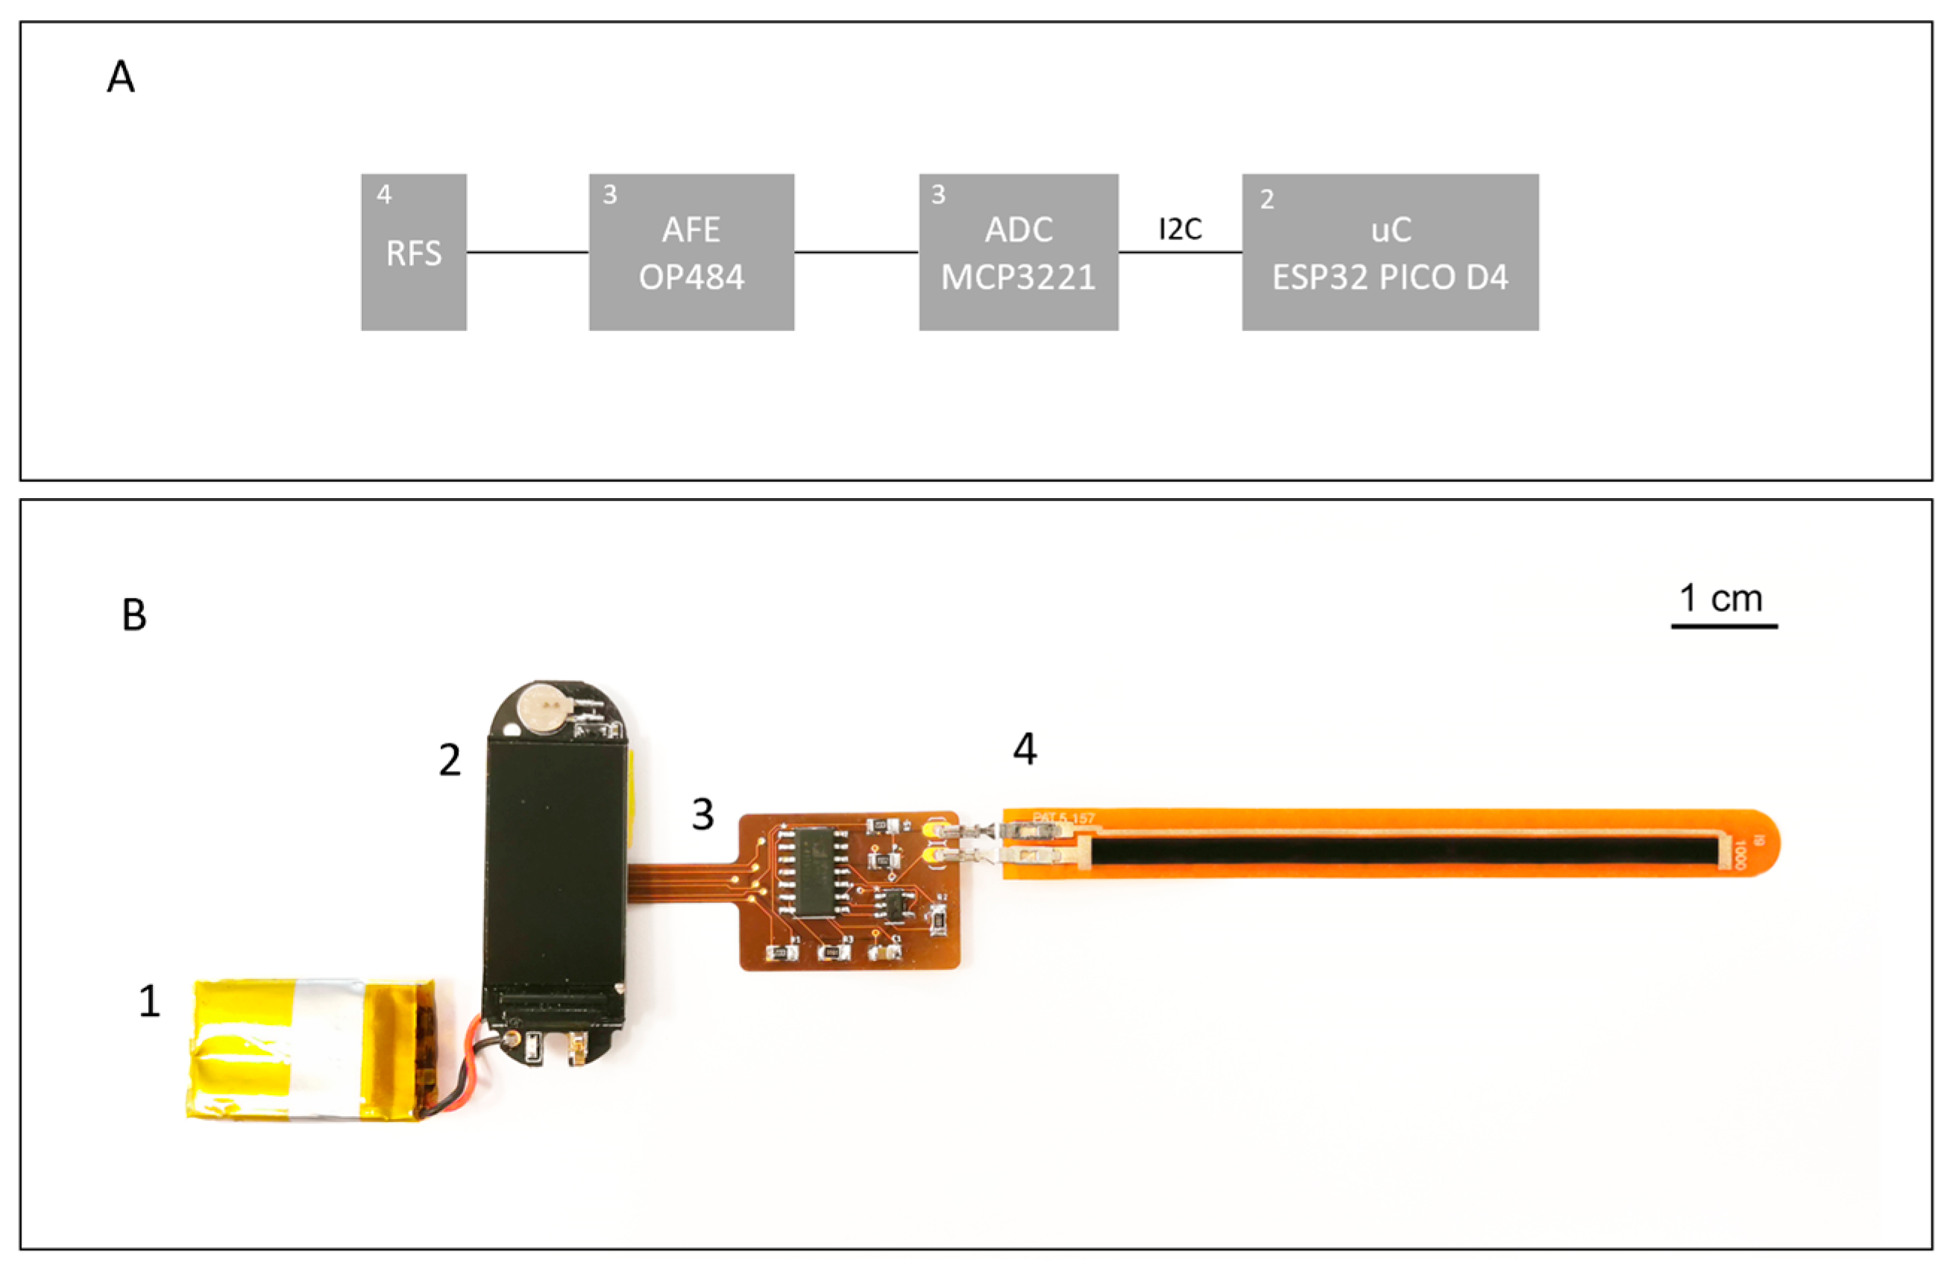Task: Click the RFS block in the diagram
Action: [414, 253]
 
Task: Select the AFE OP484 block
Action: [691, 253]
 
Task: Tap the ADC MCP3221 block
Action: [1018, 253]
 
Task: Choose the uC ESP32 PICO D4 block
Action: [1389, 253]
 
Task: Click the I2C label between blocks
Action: [1179, 230]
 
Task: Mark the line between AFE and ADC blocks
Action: [856, 253]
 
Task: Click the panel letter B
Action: [133, 614]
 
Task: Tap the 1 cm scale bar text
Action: [1721, 599]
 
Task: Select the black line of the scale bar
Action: [1724, 627]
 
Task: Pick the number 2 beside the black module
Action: [449, 760]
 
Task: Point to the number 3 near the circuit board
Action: [702, 815]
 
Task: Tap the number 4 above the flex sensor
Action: [1024, 749]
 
